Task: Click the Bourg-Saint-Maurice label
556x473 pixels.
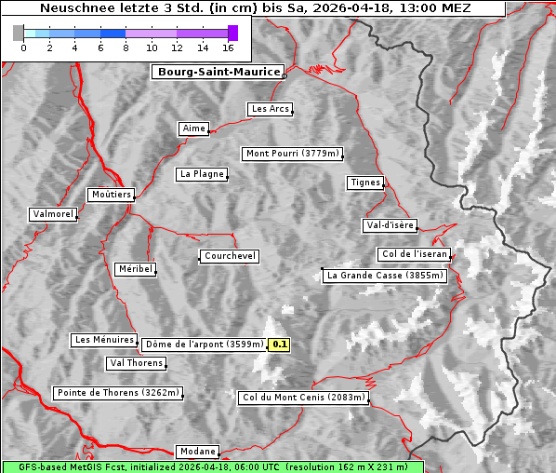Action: pyautogui.click(x=218, y=72)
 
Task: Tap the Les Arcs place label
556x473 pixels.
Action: pyautogui.click(x=271, y=109)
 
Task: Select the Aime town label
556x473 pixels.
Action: pyautogui.click(x=194, y=128)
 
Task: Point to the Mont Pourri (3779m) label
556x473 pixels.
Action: pyautogui.click(x=293, y=154)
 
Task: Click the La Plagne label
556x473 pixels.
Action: pyautogui.click(x=202, y=174)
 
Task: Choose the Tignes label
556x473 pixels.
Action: pyautogui.click(x=365, y=182)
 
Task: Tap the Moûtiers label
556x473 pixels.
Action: pyautogui.click(x=111, y=195)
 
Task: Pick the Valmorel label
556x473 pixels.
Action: pyautogui.click(x=53, y=214)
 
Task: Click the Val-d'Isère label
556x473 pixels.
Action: pyautogui.click(x=390, y=225)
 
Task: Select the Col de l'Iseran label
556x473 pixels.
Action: pyautogui.click(x=416, y=254)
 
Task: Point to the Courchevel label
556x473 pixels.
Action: pyautogui.click(x=229, y=256)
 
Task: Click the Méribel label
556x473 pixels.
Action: pyautogui.click(x=135, y=269)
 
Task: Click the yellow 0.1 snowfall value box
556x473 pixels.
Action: pyautogui.click(x=279, y=345)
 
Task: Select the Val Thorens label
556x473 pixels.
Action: pyautogui.click(x=137, y=363)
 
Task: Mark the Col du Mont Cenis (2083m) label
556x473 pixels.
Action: pyautogui.click(x=304, y=398)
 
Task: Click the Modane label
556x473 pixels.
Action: pyautogui.click(x=197, y=451)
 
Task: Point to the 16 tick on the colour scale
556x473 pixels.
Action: pyautogui.click(x=229, y=47)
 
